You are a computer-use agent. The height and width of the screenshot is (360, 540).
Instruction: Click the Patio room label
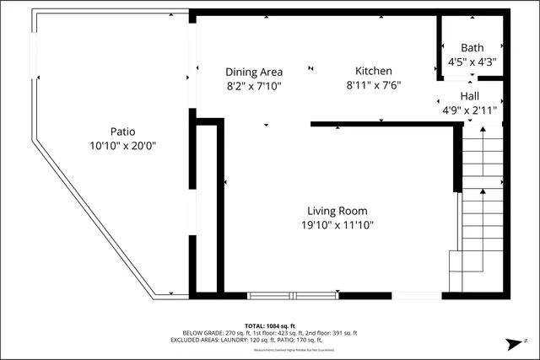(122, 132)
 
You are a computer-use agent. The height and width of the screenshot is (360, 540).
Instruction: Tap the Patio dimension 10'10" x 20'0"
(122, 145)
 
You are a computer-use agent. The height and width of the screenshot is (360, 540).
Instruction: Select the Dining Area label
(254, 72)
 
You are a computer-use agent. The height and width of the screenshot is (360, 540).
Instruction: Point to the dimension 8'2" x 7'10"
(254, 85)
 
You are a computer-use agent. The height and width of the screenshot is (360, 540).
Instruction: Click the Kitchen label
(372, 72)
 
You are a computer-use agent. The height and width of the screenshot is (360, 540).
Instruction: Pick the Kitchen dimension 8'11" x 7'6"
(372, 85)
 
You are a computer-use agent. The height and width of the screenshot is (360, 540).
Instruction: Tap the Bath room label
(472, 47)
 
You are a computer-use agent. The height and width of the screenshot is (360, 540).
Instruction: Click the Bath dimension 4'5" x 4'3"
(472, 61)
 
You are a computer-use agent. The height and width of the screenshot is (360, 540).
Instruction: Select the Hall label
(470, 97)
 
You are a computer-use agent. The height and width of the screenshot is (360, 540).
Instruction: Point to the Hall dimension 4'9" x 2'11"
(470, 110)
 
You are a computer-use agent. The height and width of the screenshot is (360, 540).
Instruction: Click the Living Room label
(337, 211)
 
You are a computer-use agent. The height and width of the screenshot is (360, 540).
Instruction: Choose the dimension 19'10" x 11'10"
(337, 224)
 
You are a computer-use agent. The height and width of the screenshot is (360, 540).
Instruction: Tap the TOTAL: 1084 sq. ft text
(270, 325)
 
